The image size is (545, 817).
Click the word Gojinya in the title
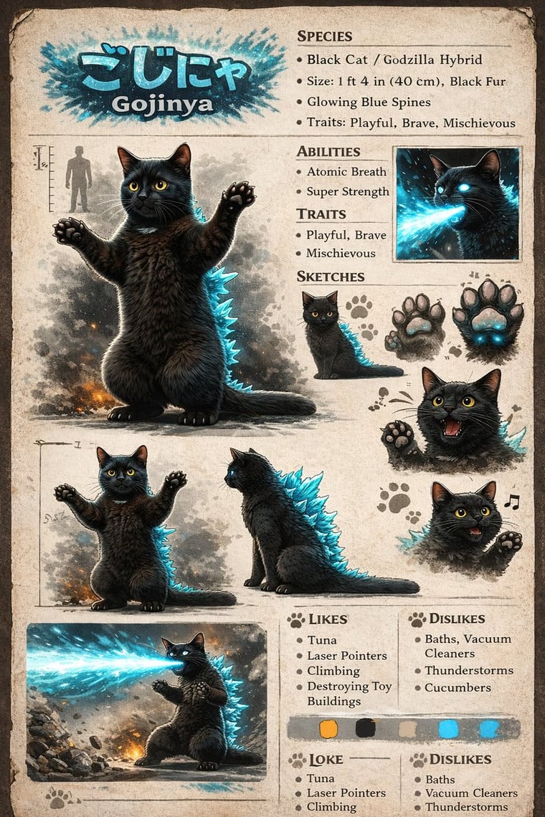point(162,104)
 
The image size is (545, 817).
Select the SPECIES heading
point(324,37)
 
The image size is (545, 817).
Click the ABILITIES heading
point(328,152)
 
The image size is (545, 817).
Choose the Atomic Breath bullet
point(346,171)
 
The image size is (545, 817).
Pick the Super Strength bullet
point(348,192)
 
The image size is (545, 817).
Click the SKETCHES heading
point(330,276)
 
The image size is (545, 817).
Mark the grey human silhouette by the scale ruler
point(78,178)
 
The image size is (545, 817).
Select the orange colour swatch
point(328,728)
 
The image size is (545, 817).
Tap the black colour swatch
point(365,728)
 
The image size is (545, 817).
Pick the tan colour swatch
point(407,728)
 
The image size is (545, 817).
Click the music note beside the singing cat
point(511,501)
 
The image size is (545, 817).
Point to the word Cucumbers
point(458,687)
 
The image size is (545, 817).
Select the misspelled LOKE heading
point(326,760)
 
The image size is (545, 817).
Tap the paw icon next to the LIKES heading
point(296,619)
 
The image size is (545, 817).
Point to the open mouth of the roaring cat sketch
point(452,426)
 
